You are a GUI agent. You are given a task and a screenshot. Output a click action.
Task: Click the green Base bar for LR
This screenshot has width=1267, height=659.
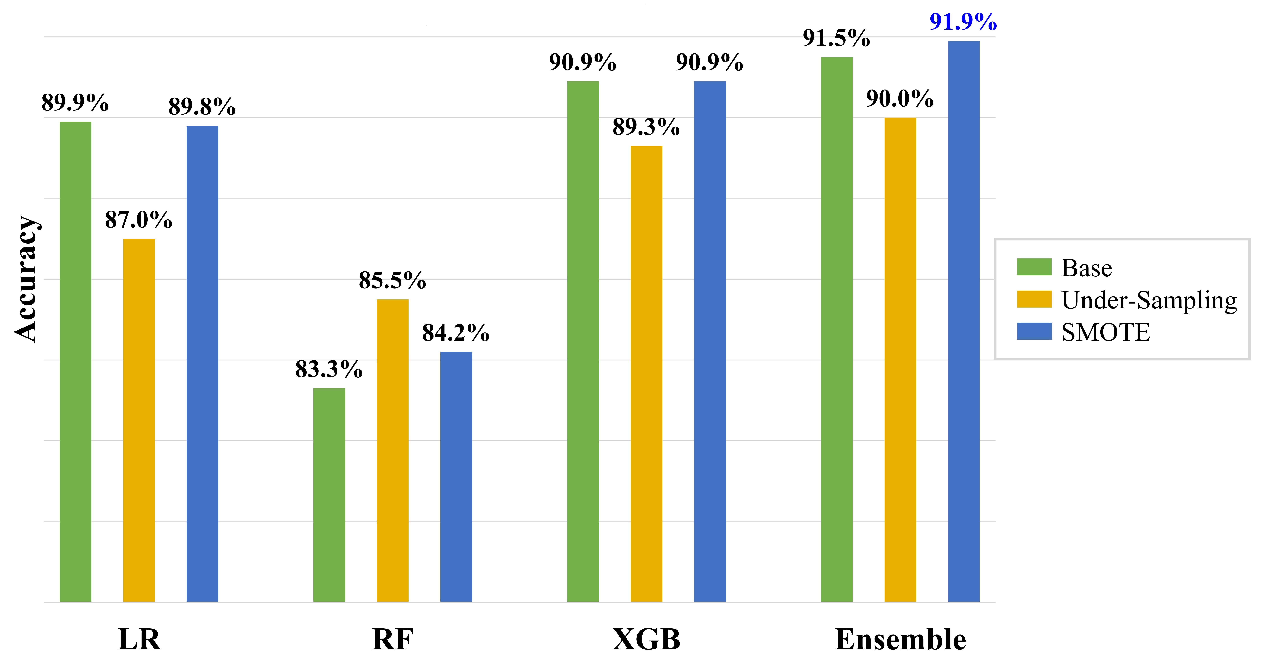(x=75, y=362)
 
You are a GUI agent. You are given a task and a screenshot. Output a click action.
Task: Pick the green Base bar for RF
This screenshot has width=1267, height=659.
(x=329, y=495)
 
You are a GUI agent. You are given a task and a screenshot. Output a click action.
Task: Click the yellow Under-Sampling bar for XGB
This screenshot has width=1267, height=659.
(x=646, y=374)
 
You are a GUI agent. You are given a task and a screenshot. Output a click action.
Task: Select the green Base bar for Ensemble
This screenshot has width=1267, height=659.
(x=837, y=330)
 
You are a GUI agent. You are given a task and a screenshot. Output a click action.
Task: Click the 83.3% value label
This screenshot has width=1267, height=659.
(x=329, y=369)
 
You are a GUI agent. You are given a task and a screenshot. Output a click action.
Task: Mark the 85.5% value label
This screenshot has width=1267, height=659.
(x=392, y=281)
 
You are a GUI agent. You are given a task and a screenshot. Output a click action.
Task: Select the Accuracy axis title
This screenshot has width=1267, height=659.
(x=25, y=279)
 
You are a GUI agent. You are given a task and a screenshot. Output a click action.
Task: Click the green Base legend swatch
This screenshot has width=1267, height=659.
(x=1034, y=267)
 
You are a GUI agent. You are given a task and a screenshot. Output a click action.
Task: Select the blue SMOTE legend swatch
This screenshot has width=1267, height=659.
(x=1034, y=331)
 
